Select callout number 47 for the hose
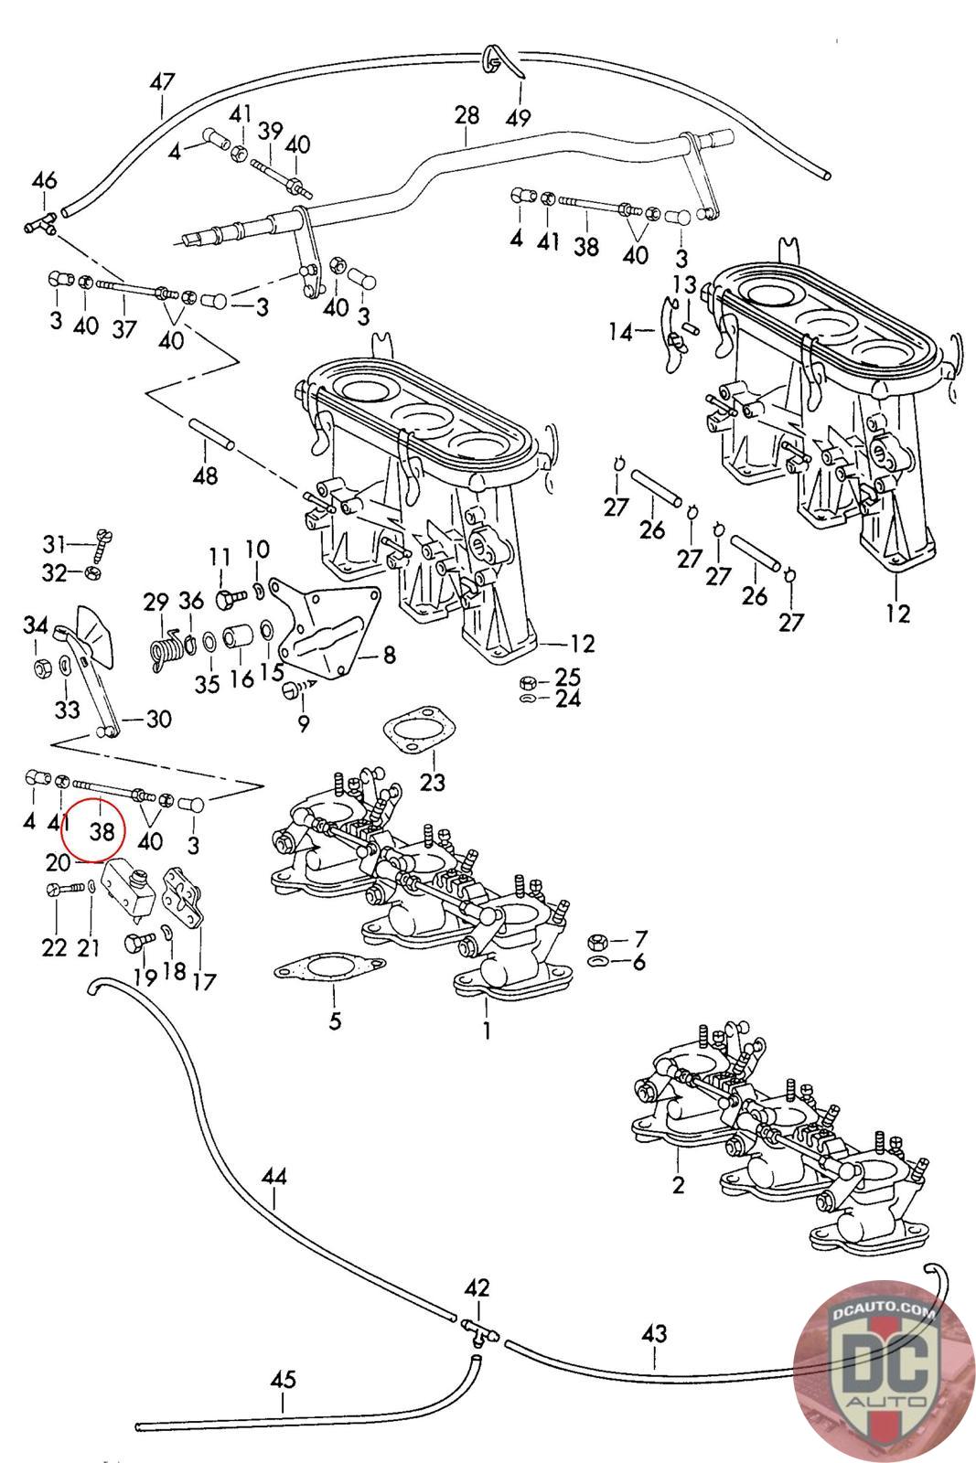coord(162,81)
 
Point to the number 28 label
coord(466,115)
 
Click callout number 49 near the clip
coord(519,117)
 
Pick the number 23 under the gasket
coord(433,782)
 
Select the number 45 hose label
coord(284,1379)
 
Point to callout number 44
coord(273,1175)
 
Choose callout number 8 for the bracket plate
coord(389,655)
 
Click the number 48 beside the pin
coord(205,475)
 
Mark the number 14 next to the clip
coord(621,333)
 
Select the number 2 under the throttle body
coord(678,1186)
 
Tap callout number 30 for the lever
coord(158,720)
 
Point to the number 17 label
coord(204,981)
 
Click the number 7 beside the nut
coord(640,938)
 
